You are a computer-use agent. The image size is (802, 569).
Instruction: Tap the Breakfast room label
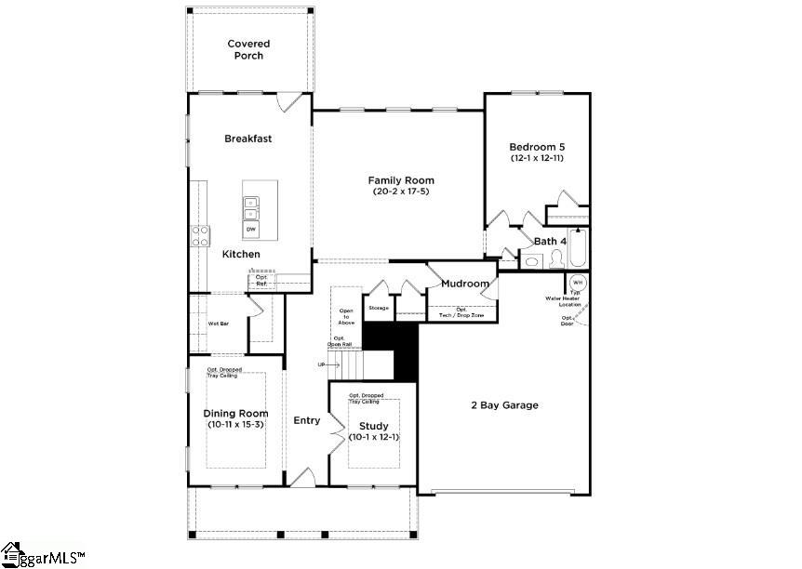247,139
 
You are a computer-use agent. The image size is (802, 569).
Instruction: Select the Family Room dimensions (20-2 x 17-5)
400,192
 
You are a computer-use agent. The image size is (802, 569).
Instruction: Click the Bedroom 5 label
536,147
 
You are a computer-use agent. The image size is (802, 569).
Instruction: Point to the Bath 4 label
550,241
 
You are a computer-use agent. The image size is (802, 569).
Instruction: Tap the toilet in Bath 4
556,259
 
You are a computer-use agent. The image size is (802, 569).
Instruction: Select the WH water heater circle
577,283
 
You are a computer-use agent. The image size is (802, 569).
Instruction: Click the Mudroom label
465,284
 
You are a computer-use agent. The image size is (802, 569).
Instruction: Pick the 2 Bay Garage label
503,404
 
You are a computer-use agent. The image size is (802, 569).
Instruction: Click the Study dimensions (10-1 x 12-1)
373,438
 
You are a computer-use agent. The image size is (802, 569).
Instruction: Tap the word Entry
307,420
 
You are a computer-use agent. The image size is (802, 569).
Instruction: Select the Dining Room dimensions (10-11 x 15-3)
235,425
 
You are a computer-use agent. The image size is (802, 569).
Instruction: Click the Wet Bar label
219,324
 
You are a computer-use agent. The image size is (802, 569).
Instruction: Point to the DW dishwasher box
251,229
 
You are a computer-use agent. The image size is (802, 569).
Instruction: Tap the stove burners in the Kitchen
199,236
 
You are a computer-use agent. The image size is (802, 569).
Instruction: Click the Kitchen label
241,254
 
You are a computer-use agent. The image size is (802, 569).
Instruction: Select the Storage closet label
378,307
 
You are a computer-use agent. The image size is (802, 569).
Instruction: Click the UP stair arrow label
323,364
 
